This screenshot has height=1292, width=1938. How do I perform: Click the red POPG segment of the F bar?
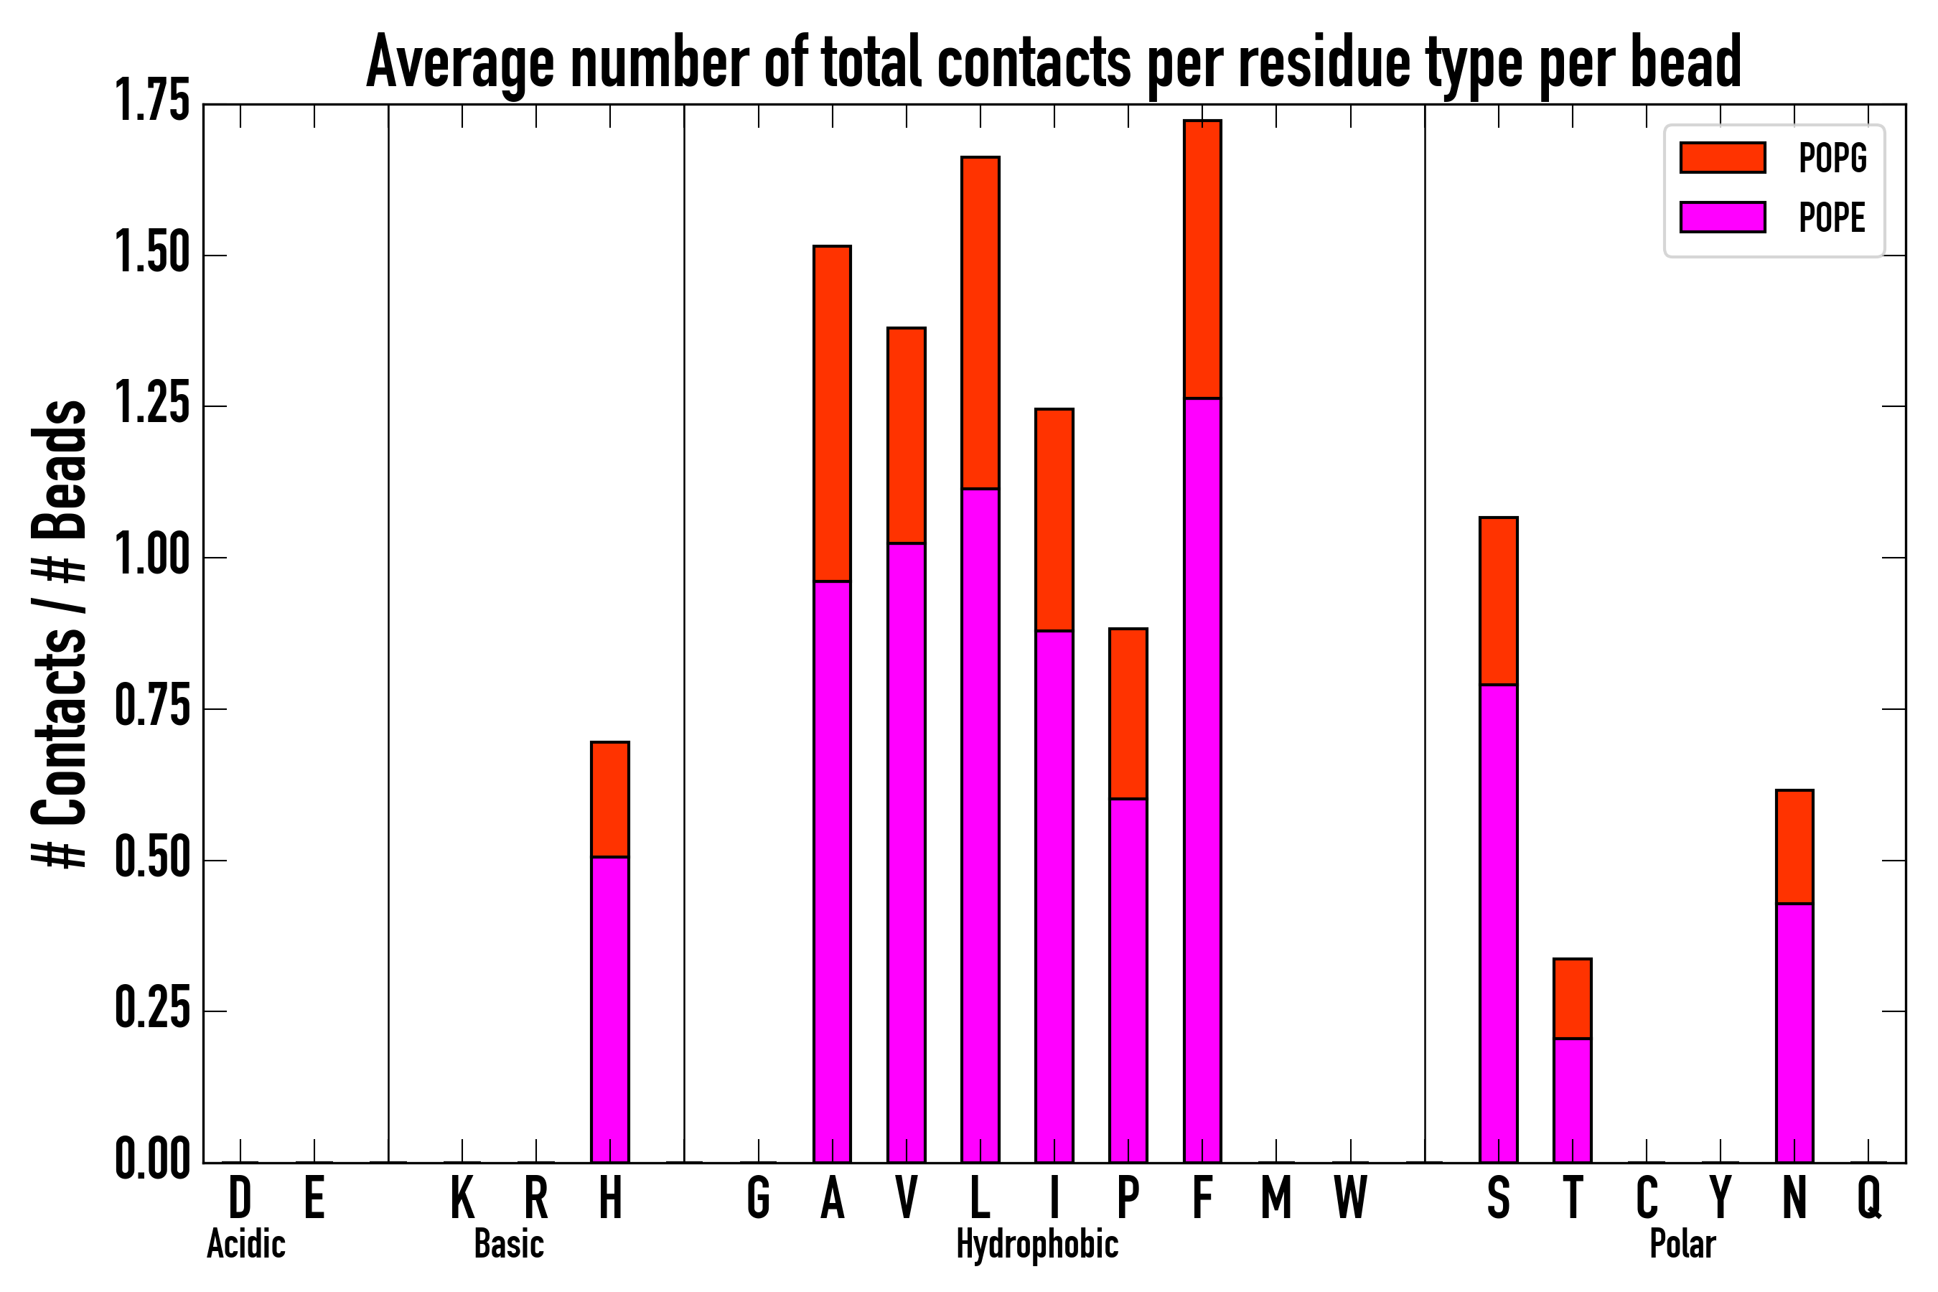coord(1202,260)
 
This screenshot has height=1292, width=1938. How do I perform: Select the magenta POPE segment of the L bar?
coord(980,824)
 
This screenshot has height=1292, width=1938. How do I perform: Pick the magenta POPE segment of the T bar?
coord(1572,1100)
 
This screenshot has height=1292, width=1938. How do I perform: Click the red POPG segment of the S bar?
coord(1498,601)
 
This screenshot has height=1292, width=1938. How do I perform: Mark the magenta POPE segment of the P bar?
coord(1128,980)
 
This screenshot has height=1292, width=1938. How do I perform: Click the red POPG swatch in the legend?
coord(1722,157)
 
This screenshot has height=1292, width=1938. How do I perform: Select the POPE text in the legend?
coord(1832,217)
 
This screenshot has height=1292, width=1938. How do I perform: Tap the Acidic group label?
coord(245,1244)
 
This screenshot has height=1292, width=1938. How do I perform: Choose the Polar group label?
coord(1682,1244)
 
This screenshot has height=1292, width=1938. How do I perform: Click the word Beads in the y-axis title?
coord(60,469)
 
